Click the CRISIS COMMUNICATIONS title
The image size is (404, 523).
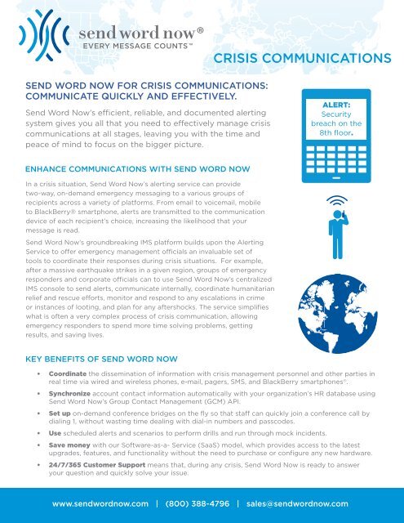point(300,59)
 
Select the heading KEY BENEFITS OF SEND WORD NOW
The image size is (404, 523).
point(113,359)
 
